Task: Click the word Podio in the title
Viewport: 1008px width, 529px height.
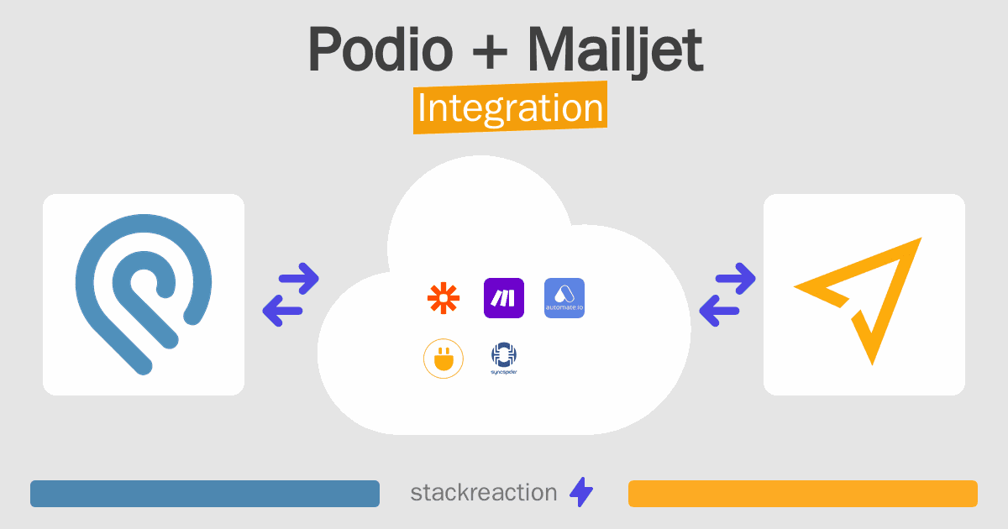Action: click(381, 49)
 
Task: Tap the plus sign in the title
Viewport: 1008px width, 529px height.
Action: click(490, 51)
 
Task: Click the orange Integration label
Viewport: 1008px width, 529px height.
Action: click(511, 107)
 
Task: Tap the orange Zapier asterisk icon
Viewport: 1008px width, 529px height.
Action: click(444, 298)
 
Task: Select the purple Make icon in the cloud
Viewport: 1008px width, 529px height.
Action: click(503, 298)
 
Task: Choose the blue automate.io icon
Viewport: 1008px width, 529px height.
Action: click(564, 298)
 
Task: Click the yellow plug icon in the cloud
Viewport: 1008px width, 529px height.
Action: click(444, 359)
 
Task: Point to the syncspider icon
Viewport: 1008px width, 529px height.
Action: click(503, 359)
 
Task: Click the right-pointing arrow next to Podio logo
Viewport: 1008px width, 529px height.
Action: click(299, 279)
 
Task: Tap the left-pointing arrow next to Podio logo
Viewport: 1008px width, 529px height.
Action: click(282, 311)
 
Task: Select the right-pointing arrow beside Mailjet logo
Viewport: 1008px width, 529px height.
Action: click(735, 279)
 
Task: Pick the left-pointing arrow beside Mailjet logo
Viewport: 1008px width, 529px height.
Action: click(719, 311)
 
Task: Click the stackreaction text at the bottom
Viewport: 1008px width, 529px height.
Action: click(484, 492)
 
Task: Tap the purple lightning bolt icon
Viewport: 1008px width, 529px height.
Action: click(581, 492)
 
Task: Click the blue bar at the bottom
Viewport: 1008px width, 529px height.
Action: click(205, 494)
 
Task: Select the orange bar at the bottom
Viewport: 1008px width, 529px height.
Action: click(803, 494)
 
